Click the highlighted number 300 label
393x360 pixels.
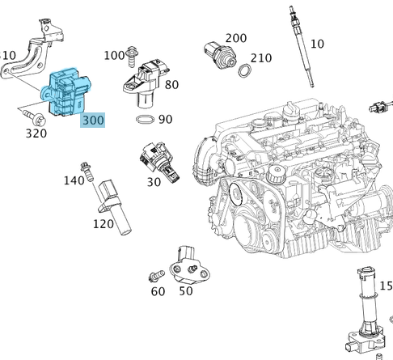93,119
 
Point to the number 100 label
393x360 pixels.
114,55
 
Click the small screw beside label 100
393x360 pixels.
131,54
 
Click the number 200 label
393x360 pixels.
235,38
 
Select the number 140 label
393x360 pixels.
74,180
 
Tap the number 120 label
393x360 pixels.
104,223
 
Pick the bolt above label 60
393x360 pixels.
155,276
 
